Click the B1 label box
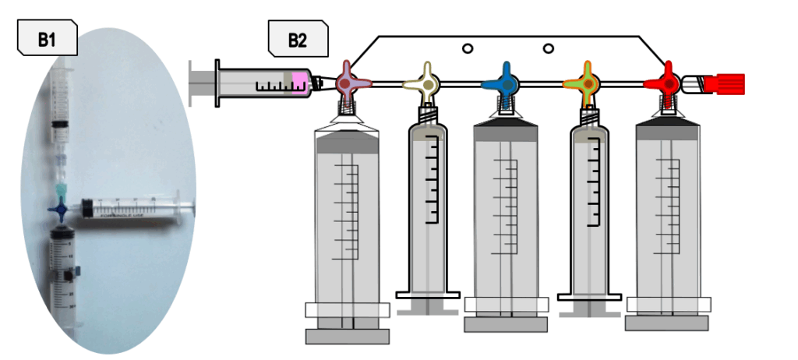pyautogui.click(x=47, y=38)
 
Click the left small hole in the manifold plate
pyautogui.click(x=468, y=49)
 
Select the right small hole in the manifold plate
pyautogui.click(x=549, y=49)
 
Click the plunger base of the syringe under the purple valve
pyautogui.click(x=347, y=336)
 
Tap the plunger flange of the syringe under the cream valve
pyautogui.click(x=428, y=295)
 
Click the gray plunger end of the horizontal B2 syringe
pyautogui.click(x=200, y=84)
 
